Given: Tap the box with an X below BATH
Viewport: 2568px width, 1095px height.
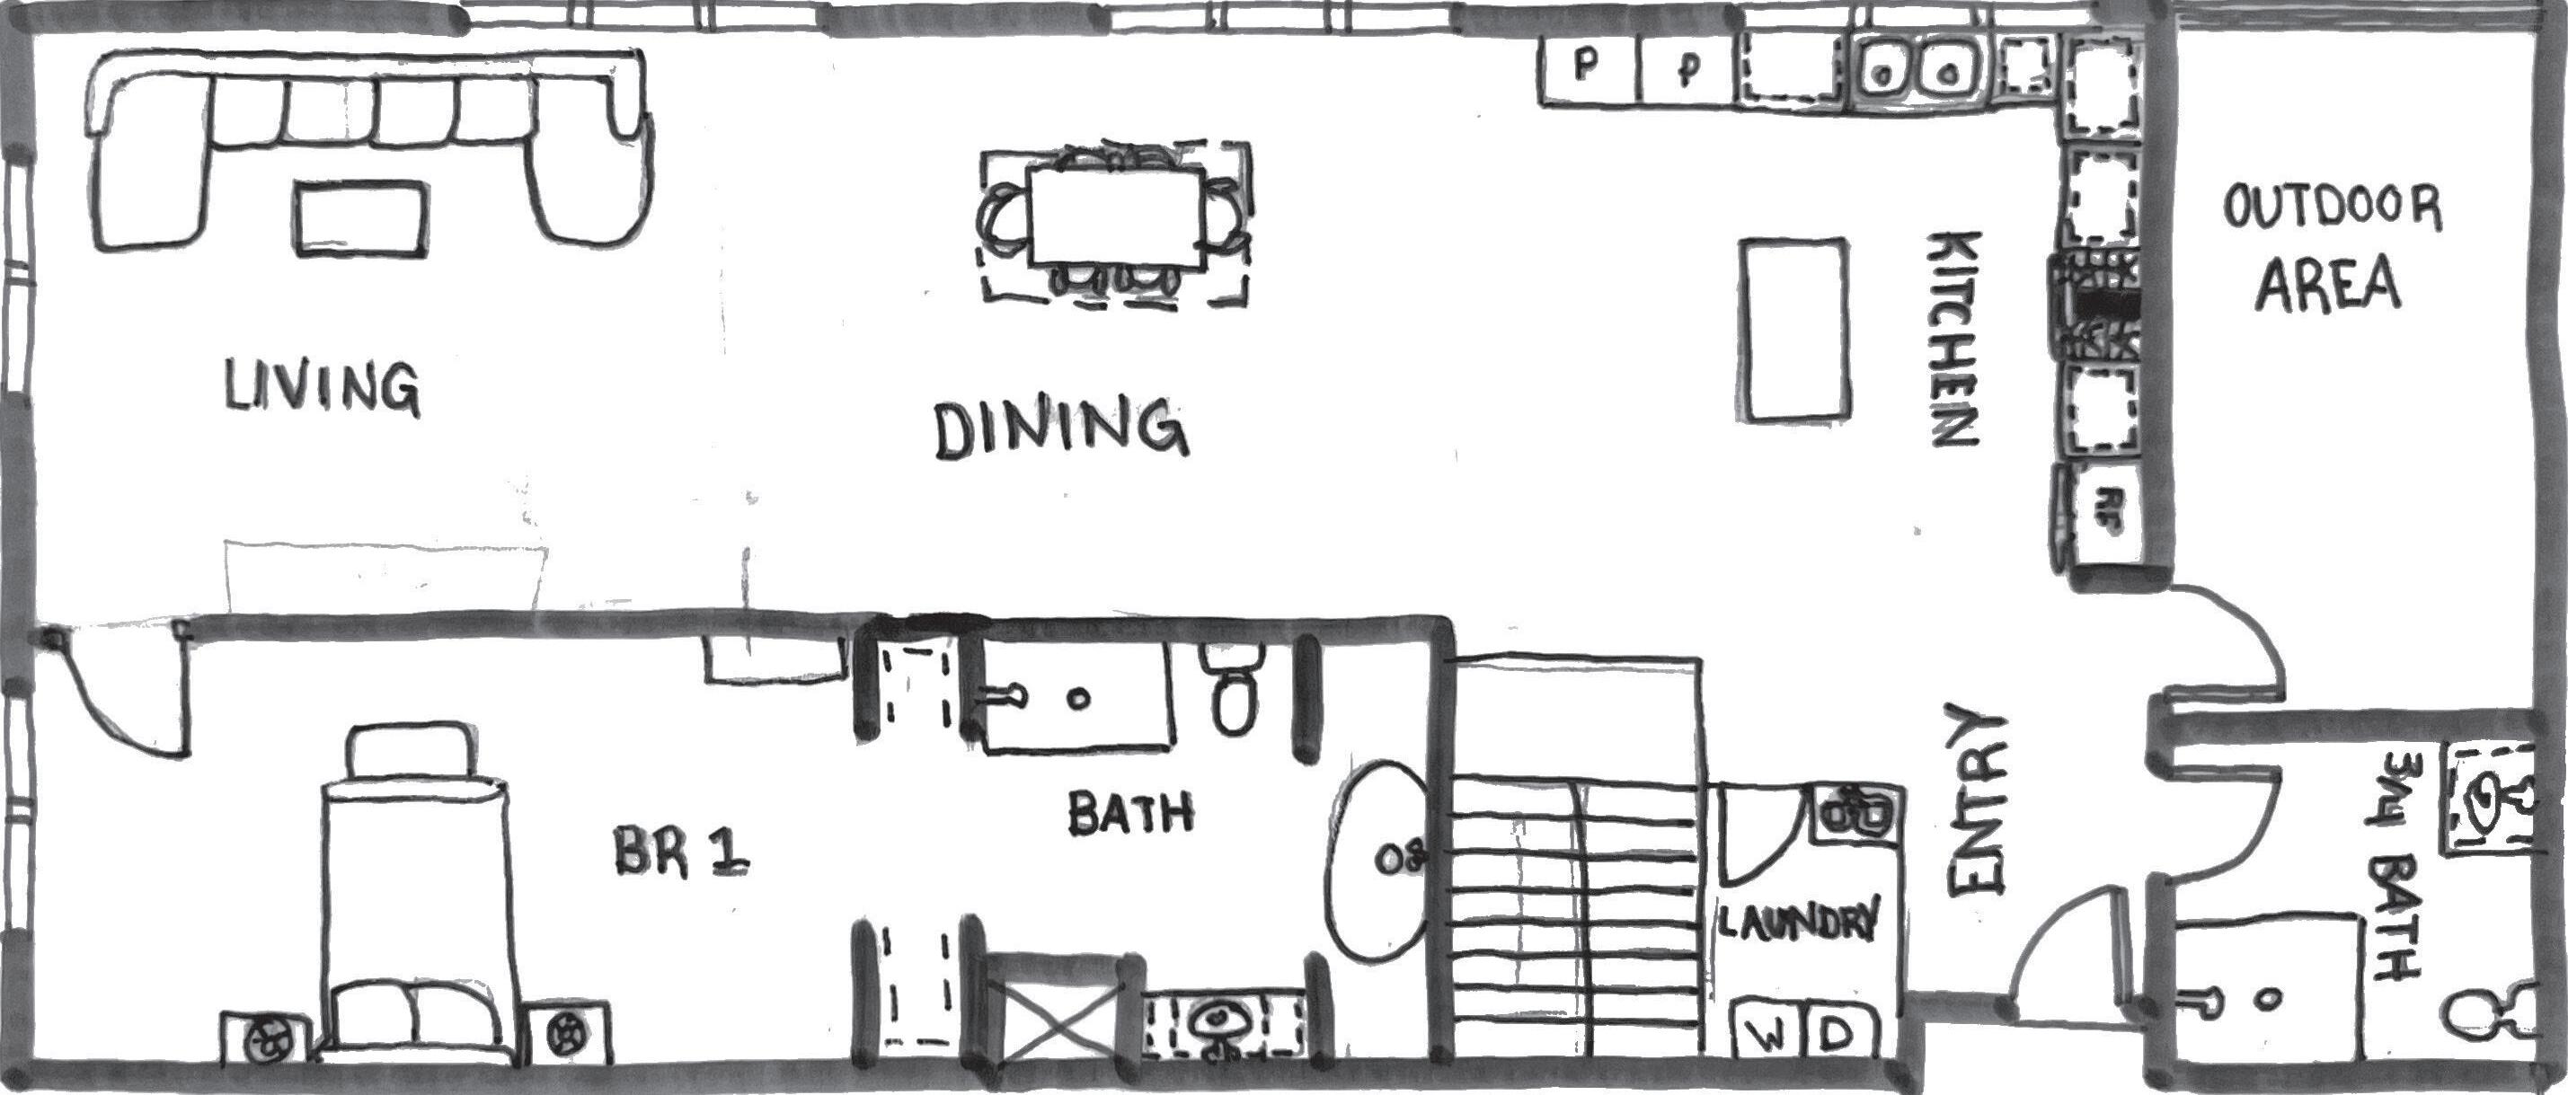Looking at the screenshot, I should pos(1060,1032).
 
